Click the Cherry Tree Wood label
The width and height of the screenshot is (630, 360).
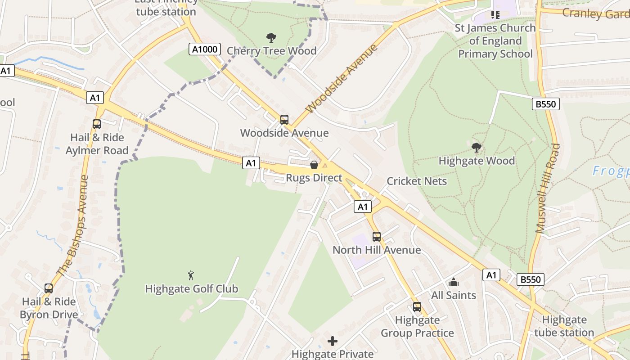(x=271, y=51)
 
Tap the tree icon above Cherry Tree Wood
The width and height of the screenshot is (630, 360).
(x=271, y=37)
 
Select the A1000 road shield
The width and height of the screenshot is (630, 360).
(x=205, y=49)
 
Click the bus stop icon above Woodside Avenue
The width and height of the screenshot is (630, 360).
(x=284, y=120)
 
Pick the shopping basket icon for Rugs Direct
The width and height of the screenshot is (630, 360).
(x=314, y=165)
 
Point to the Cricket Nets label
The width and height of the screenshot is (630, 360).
(x=417, y=181)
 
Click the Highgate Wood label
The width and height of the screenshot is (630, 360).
(x=477, y=161)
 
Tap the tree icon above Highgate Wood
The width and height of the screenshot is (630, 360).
(x=476, y=147)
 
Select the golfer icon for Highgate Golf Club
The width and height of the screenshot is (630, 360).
(x=191, y=275)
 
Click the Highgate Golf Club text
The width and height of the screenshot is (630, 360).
(x=191, y=289)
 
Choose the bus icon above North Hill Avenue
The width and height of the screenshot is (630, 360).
(x=377, y=237)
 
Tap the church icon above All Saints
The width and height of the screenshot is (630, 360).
(x=453, y=283)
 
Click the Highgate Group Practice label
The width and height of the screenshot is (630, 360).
(x=417, y=327)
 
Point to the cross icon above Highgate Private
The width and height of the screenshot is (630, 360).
(x=333, y=341)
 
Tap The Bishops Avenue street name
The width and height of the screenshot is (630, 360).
(x=72, y=225)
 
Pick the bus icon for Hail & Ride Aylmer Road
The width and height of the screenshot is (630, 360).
(x=97, y=124)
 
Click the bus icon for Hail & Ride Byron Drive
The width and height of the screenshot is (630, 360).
(x=49, y=288)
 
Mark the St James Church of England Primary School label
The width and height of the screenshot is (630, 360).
(x=495, y=41)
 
